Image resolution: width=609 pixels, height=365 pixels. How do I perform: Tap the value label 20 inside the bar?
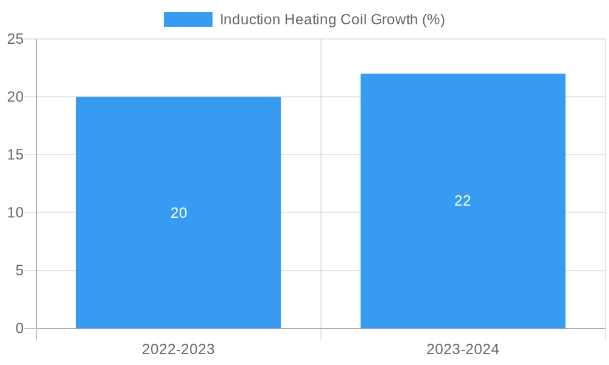178,213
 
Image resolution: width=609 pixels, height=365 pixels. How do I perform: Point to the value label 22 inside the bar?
463,201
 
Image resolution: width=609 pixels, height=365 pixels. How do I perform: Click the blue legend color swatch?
188,19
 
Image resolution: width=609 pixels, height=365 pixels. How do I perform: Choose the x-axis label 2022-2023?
178,349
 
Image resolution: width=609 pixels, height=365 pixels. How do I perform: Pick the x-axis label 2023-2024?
463,349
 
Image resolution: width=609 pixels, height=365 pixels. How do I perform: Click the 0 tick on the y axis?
19,328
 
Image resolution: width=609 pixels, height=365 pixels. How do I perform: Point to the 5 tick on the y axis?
19,271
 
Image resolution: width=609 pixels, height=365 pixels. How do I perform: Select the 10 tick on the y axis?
15,213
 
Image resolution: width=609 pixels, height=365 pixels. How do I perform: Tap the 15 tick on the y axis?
15,155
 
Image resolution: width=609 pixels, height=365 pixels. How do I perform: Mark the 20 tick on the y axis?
15,97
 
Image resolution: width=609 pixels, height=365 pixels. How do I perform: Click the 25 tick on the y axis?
15,39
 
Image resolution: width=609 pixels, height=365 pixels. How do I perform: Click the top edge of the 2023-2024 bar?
463,74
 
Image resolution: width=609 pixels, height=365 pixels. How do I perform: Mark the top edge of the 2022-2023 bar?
178,97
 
